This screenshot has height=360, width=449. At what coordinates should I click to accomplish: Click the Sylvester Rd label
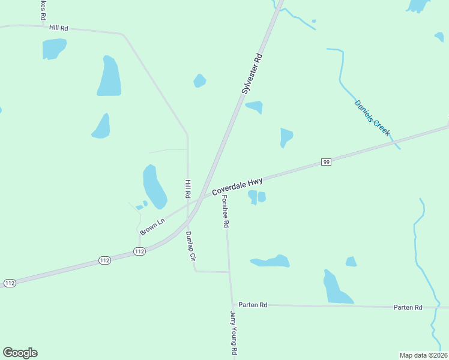pyautogui.click(x=252, y=74)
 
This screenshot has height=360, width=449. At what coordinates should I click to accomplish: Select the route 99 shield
pyautogui.click(x=326, y=162)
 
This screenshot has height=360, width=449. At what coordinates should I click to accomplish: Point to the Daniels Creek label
pyautogui.click(x=372, y=117)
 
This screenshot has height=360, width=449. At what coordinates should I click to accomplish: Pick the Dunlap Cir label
pyautogui.click(x=191, y=247)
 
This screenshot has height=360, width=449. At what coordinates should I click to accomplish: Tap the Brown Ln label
pyautogui.click(x=152, y=227)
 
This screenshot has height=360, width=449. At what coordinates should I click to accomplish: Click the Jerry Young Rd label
pyautogui.click(x=234, y=334)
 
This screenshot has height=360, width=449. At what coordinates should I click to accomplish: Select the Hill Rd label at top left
pyautogui.click(x=59, y=28)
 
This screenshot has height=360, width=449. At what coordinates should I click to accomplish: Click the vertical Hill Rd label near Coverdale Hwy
pyautogui.click(x=188, y=189)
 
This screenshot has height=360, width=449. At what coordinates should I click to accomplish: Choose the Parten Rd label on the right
pyautogui.click(x=408, y=307)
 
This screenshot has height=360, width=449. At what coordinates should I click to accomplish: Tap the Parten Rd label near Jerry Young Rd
pyautogui.click(x=253, y=305)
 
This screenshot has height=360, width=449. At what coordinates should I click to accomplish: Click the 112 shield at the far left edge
pyautogui.click(x=9, y=283)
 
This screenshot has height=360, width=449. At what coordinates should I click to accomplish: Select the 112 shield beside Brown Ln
pyautogui.click(x=139, y=251)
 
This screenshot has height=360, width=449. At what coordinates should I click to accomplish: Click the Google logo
pyautogui.click(x=20, y=353)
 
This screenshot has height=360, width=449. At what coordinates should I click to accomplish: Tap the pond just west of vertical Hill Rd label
pyautogui.click(x=154, y=186)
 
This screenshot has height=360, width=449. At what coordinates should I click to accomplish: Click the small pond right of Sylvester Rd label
pyautogui.click(x=255, y=107)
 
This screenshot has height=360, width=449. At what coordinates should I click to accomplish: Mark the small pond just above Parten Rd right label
pyautogui.click(x=351, y=262)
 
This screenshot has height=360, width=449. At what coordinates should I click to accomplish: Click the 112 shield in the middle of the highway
pyautogui.click(x=104, y=260)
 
